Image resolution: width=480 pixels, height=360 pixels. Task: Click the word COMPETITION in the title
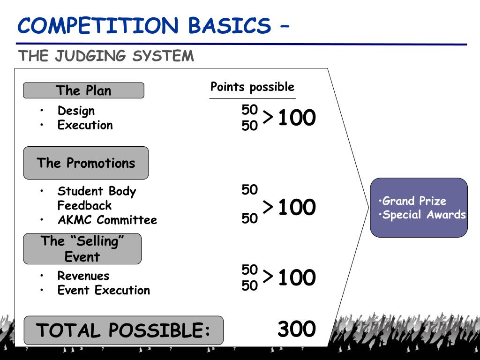click(x=98, y=25)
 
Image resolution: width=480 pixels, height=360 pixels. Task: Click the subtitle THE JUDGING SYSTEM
click(x=106, y=56)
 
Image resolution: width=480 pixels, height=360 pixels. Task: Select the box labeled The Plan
click(x=83, y=90)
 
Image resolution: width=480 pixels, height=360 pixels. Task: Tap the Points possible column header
click(x=252, y=87)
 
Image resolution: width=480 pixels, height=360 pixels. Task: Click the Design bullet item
click(x=76, y=111)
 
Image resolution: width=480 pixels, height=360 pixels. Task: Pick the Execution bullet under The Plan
click(x=85, y=125)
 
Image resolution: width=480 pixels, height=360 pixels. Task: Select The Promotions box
click(x=86, y=163)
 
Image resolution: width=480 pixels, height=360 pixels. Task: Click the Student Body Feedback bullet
click(x=96, y=198)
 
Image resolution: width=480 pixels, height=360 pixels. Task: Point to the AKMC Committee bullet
click(x=107, y=220)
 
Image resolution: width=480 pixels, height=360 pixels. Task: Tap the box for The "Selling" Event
click(x=82, y=249)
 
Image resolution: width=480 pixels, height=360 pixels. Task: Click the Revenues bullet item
click(x=83, y=276)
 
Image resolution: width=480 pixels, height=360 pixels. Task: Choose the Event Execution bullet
click(x=104, y=290)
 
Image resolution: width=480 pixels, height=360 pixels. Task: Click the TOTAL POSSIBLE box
click(x=123, y=330)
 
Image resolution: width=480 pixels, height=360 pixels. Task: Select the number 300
click(x=296, y=330)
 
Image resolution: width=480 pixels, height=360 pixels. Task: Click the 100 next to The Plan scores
click(x=297, y=118)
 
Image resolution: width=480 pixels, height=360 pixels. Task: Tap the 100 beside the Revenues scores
click(x=297, y=278)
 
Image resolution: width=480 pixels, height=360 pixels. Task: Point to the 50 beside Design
click(x=250, y=110)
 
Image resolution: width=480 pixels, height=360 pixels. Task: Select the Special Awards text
click(x=423, y=215)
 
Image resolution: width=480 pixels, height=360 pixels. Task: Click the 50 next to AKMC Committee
click(x=250, y=218)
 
